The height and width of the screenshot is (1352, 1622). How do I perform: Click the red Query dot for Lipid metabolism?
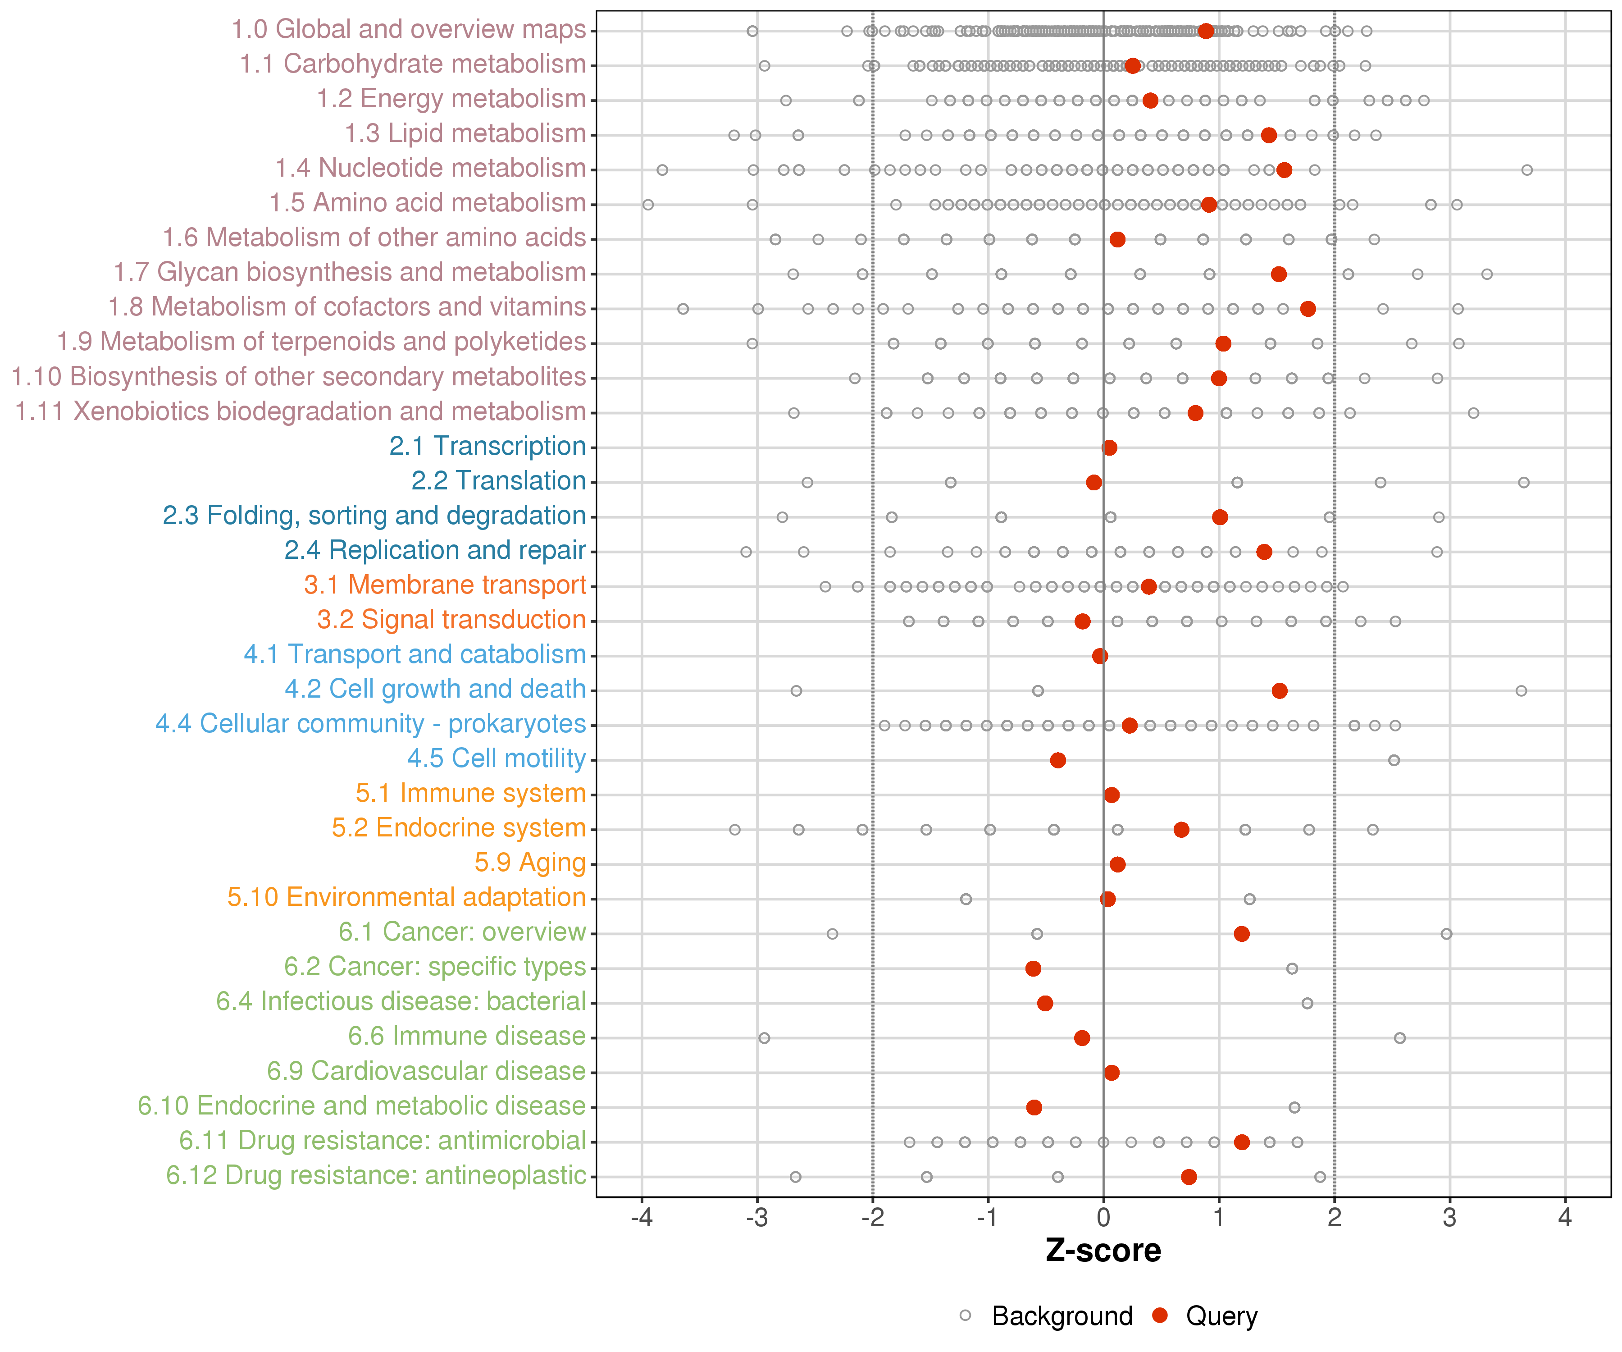pyautogui.click(x=1268, y=135)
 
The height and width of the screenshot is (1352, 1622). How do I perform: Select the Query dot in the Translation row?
pyautogui.click(x=1093, y=482)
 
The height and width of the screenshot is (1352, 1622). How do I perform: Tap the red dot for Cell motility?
pyautogui.click(x=1058, y=760)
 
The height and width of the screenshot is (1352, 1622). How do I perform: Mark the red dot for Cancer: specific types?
pyautogui.click(x=1034, y=968)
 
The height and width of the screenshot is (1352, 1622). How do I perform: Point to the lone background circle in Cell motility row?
pyautogui.click(x=1394, y=760)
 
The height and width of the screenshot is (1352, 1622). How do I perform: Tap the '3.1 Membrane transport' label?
pyautogui.click(x=445, y=585)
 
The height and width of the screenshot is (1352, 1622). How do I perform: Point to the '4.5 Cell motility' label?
pyautogui.click(x=496, y=758)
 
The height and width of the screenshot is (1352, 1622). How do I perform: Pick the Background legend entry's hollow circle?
pyautogui.click(x=966, y=1315)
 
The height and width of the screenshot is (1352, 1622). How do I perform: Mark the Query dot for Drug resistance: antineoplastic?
pyautogui.click(x=1189, y=1177)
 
